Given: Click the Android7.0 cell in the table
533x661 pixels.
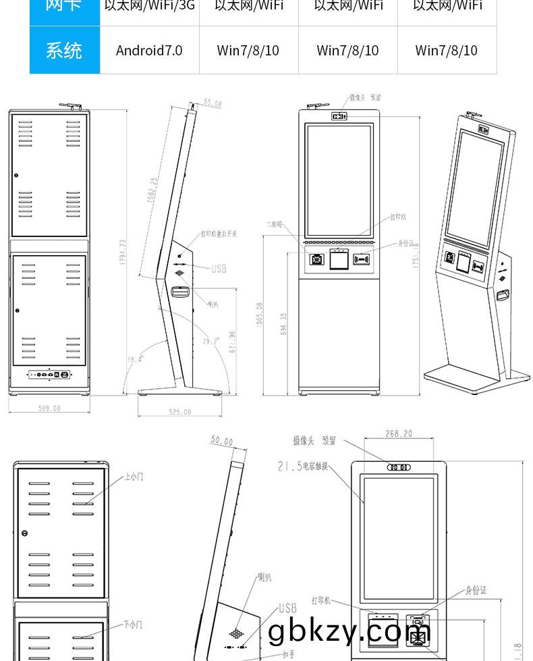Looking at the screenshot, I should (x=149, y=50).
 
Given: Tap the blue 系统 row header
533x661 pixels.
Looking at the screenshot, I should (x=64, y=50).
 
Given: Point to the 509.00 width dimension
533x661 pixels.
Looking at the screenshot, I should (x=49, y=408).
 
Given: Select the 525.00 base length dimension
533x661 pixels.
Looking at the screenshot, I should (x=179, y=412).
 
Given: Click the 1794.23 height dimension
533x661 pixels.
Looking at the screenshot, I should (x=123, y=252).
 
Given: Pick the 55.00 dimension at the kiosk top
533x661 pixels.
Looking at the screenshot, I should (x=213, y=104).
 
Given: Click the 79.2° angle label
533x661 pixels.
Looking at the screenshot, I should (x=211, y=342).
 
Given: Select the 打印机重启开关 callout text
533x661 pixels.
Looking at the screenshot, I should (x=219, y=234).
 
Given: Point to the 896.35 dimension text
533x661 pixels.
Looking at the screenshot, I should (x=284, y=323).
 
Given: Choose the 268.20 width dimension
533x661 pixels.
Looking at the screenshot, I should (x=398, y=434).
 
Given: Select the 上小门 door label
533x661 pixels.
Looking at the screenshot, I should (x=133, y=477).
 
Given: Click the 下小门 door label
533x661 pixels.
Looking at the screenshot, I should (x=133, y=625).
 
